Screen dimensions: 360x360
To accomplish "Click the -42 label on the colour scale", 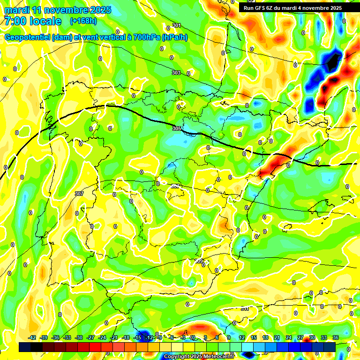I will pyautogui.click(x=32, y=337).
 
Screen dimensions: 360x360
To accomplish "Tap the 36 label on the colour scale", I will pyautogui.click(x=335, y=337).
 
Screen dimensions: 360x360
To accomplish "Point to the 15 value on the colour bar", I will pyautogui.click(x=254, y=337).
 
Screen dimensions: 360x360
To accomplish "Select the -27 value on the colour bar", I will pyautogui.click(x=90, y=337).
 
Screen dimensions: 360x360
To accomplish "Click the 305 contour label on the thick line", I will pyautogui.click(x=176, y=128).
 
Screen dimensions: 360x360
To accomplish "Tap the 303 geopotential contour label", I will pyautogui.click(x=176, y=73).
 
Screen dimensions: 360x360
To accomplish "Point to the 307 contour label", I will pyautogui.click(x=79, y=193).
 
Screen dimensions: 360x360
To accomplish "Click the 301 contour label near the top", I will pyautogui.click(x=176, y=25).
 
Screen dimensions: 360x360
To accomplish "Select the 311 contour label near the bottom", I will pyautogui.click(x=245, y=308).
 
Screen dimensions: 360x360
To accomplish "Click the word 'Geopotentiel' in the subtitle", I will pyautogui.click(x=27, y=37).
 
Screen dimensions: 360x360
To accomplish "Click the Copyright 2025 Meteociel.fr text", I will pyautogui.click(x=199, y=357).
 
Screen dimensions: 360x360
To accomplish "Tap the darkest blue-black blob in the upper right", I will pyautogui.click(x=333, y=61).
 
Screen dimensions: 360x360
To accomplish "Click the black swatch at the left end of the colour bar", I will pyautogui.click(x=25, y=347).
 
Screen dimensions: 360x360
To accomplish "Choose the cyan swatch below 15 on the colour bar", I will pyautogui.click(x=254, y=347).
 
